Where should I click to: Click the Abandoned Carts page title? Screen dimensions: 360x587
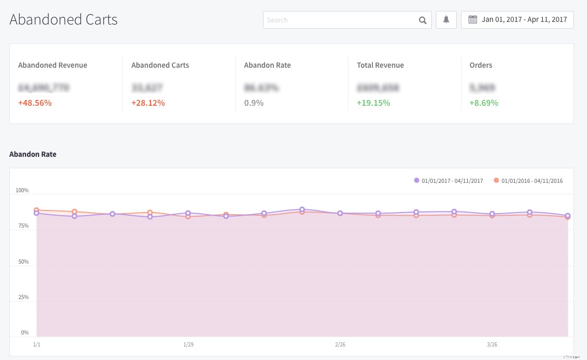[64, 20]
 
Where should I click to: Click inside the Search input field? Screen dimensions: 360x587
[339, 20]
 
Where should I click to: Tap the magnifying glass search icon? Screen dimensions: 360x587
[422, 20]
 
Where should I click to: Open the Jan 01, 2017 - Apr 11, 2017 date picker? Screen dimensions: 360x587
[517, 20]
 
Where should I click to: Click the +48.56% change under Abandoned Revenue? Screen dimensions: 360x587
[35, 103]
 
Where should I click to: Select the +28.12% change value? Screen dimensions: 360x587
[148, 103]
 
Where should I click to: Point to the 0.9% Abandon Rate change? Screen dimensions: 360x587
[254, 103]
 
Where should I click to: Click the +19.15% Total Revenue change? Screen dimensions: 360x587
[373, 103]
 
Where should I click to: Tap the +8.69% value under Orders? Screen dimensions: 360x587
[484, 103]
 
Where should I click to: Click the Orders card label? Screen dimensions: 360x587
[481, 65]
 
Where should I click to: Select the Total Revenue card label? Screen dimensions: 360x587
[380, 65]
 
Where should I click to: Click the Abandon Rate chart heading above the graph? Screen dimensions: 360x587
[33, 154]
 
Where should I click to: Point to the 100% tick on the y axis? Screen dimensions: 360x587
[22, 191]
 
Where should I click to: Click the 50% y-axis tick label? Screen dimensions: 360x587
[23, 262]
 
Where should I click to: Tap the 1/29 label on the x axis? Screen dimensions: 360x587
[189, 344]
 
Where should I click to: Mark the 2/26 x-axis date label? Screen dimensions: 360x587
[340, 344]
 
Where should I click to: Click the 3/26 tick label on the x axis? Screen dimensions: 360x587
[492, 344]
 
